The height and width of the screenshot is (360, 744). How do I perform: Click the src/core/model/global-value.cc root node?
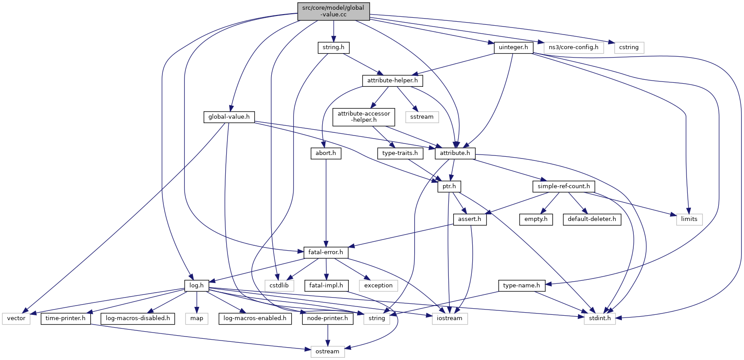333,11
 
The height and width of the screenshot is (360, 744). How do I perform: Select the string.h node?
333,47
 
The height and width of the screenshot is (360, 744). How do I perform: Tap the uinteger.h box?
513,47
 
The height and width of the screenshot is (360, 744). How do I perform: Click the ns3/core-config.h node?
573,47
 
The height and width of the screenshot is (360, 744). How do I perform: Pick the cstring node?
628,47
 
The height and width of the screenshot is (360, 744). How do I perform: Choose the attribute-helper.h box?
392,81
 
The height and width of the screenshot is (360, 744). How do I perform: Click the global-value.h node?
229,117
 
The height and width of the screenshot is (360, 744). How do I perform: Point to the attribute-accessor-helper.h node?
363,116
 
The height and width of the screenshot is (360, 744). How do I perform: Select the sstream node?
421,117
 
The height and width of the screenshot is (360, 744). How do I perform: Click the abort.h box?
325,153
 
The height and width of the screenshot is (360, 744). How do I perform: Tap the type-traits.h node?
400,153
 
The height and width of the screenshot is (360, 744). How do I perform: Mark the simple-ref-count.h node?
563,186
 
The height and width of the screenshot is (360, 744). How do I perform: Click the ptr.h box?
449,186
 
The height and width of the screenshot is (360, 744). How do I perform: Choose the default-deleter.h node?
591,219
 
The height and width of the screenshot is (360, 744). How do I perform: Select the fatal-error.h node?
325,252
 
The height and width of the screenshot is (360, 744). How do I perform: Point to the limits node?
689,219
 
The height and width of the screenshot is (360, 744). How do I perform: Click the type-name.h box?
521,286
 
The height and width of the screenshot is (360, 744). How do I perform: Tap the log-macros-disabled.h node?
138,318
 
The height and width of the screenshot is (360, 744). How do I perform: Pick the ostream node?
327,352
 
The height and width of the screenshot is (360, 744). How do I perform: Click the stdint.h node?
599,318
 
